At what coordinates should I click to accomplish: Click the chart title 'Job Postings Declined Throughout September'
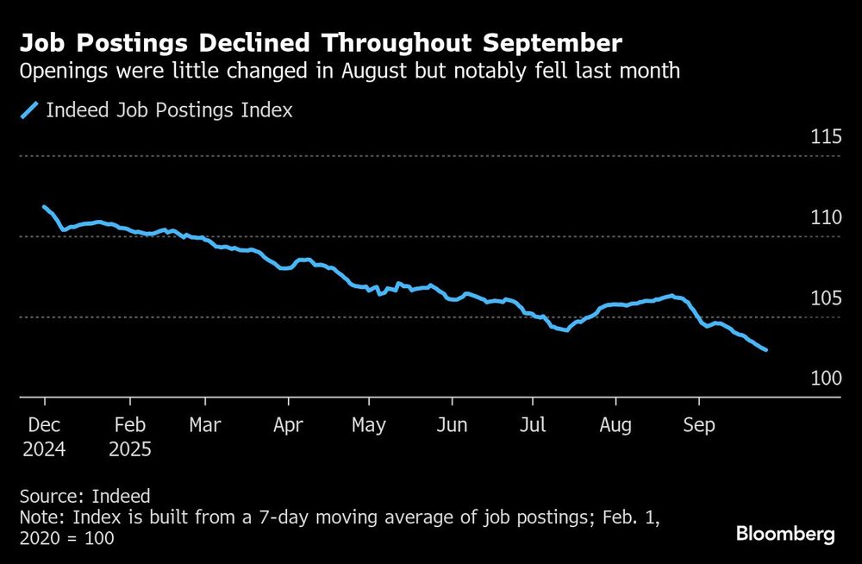click(322, 43)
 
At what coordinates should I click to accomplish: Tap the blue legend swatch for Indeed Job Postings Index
click(29, 110)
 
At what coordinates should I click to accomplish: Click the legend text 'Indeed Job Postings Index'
click(169, 110)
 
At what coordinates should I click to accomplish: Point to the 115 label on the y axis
click(824, 137)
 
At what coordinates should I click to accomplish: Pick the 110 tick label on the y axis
click(824, 218)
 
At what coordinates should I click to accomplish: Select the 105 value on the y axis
click(824, 298)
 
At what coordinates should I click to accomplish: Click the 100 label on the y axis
click(824, 379)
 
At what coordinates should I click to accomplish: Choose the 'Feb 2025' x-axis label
click(130, 437)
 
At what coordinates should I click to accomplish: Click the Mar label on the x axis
click(204, 426)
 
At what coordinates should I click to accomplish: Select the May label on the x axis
click(369, 426)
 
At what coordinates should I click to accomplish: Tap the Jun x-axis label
click(452, 426)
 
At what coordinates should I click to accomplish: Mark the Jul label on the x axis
click(533, 426)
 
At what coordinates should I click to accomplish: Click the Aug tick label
click(615, 426)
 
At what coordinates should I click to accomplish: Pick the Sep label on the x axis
click(698, 426)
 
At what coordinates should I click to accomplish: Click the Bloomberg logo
click(785, 535)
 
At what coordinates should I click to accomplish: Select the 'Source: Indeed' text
click(84, 497)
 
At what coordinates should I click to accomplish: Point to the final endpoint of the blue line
click(766, 349)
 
